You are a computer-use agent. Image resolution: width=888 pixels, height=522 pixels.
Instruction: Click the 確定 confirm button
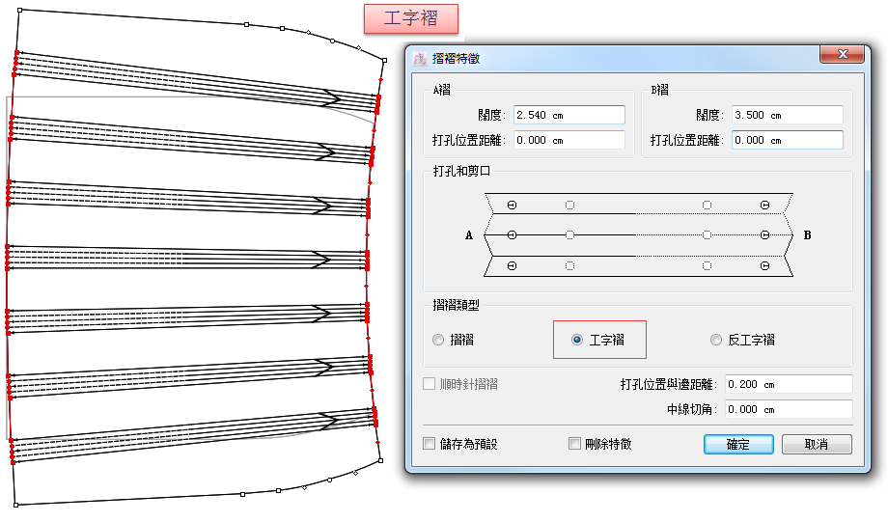(738, 445)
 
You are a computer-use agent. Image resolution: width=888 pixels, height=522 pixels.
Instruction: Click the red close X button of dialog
(842, 54)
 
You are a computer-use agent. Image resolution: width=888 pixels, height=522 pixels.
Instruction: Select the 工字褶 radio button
(577, 340)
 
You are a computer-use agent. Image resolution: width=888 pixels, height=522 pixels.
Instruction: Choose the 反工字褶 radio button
(716, 340)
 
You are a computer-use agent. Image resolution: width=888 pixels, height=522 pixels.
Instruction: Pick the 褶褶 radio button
(438, 340)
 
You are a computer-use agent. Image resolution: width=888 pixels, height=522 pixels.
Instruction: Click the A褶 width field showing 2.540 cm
(569, 115)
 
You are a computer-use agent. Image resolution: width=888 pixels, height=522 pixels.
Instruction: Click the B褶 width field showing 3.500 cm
(788, 115)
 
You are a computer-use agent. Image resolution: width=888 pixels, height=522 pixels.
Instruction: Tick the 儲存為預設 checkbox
(429, 444)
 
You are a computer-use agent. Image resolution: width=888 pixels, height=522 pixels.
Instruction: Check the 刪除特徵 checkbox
(574, 444)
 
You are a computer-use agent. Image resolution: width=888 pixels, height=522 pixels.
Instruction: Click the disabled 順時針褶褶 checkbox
(429, 384)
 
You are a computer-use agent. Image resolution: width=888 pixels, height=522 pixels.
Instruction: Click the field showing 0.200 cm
(789, 384)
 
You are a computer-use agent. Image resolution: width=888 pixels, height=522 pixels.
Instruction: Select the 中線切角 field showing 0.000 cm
(789, 409)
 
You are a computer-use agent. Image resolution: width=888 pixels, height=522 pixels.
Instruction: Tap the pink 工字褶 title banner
(410, 18)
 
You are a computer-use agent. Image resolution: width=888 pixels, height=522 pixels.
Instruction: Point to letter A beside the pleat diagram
(469, 235)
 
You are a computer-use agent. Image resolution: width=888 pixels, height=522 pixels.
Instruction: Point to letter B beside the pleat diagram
(807, 235)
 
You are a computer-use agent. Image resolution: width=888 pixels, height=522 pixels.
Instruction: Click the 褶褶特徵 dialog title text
(456, 58)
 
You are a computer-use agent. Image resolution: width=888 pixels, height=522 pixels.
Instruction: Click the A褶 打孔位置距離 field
(569, 140)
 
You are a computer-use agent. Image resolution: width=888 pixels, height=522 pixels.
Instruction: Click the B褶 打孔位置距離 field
(788, 140)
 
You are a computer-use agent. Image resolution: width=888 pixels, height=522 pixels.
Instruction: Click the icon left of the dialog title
(420, 58)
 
